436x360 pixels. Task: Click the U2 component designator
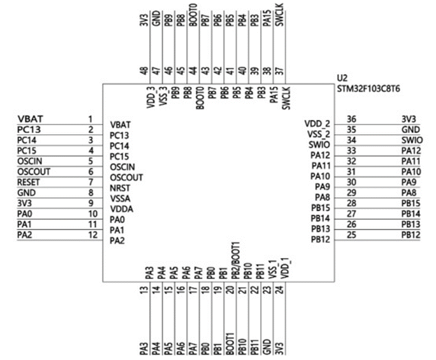(342, 79)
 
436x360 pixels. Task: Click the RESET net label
(28, 182)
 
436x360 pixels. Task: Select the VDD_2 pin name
(317, 124)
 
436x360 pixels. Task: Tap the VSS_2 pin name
(318, 134)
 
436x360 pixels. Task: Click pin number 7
(91, 182)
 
